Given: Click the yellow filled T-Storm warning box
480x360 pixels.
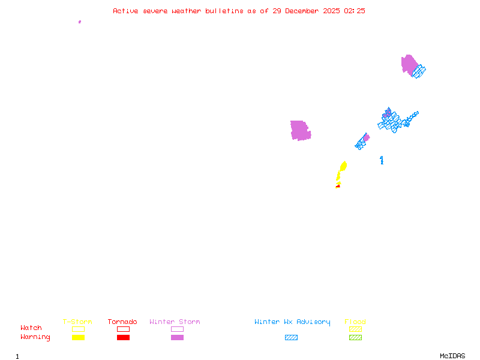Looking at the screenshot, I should click(x=78, y=338).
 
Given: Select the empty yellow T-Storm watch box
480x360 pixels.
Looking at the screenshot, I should click(x=78, y=329).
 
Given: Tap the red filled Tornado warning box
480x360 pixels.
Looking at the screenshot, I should click(x=123, y=338).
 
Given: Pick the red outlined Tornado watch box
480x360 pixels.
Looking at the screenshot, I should click(x=123, y=329).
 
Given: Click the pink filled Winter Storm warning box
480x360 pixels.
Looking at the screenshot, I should click(x=177, y=338).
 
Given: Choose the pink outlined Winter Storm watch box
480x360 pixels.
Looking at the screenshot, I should click(x=177, y=329).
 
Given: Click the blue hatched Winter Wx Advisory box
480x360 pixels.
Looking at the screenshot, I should click(x=291, y=338).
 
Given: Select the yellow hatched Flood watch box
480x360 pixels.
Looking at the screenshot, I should click(x=355, y=329).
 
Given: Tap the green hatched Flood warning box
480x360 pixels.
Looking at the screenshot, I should click(x=355, y=338).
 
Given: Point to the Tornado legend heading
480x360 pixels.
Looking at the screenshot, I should click(x=122, y=322).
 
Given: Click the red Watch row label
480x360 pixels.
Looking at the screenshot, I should click(x=31, y=328).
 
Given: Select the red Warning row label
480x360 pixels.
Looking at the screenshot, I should click(x=35, y=337).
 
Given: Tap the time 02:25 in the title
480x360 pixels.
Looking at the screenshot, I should click(x=355, y=11).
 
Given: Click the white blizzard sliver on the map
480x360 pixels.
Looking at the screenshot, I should click(x=310, y=127).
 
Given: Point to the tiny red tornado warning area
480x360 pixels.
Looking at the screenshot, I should click(x=337, y=187).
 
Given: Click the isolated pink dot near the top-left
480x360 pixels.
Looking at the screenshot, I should click(x=79, y=22).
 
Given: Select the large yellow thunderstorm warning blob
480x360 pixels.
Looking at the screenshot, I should click(x=343, y=166).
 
